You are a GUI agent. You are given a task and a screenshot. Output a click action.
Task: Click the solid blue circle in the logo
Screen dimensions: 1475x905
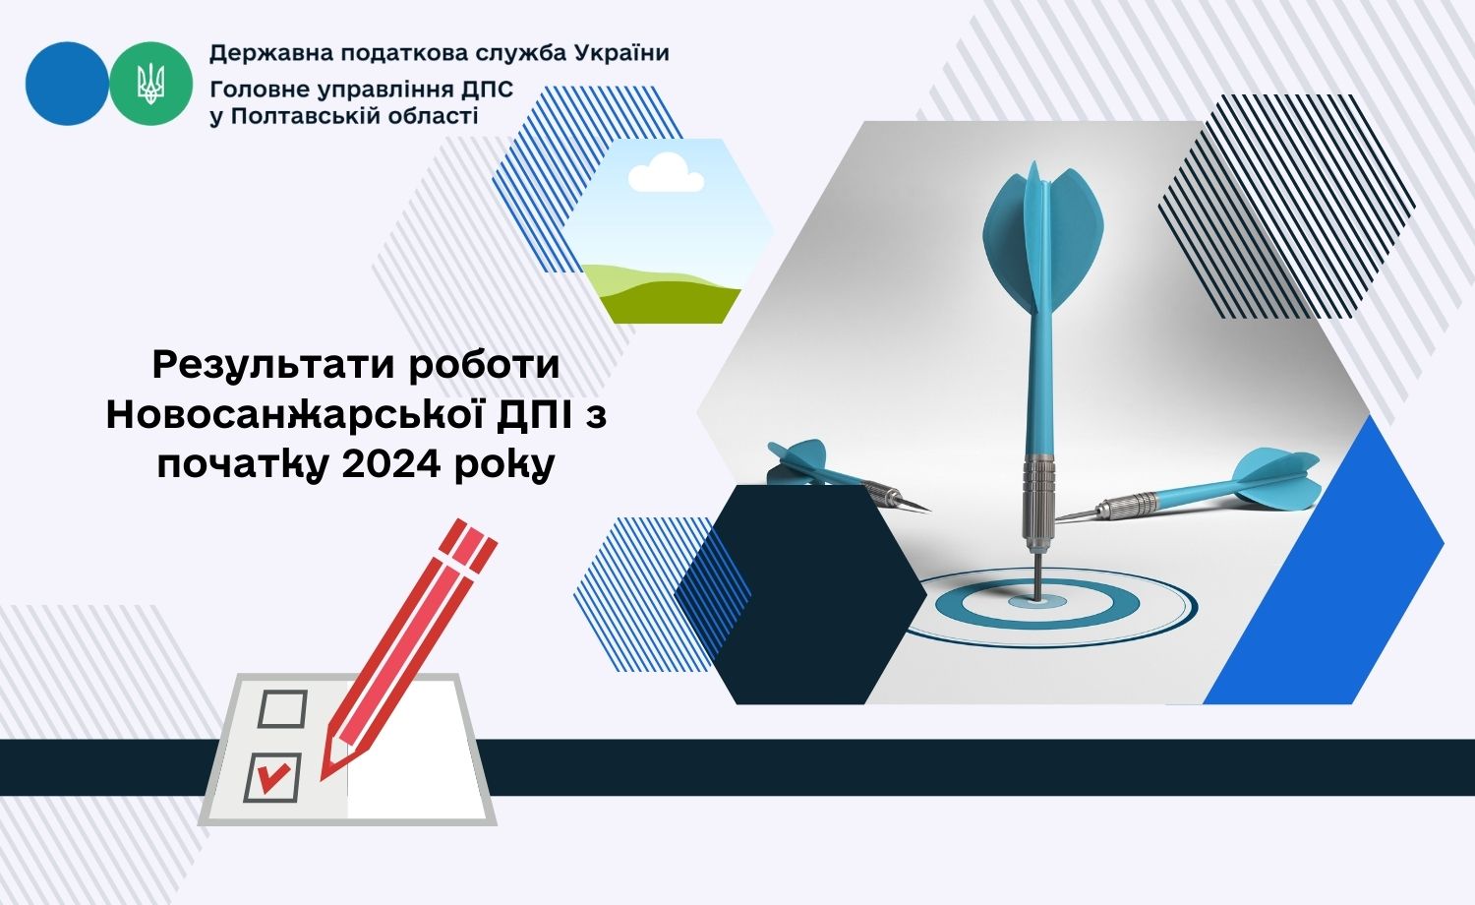(67, 84)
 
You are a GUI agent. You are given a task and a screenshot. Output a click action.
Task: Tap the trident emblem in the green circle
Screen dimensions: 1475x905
(150, 84)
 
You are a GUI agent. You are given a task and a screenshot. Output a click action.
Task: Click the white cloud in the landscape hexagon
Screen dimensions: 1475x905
(666, 172)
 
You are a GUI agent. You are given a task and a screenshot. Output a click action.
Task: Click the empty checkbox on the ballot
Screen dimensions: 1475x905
(282, 708)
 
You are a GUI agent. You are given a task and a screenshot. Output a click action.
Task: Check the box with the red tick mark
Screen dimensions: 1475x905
(272, 778)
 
